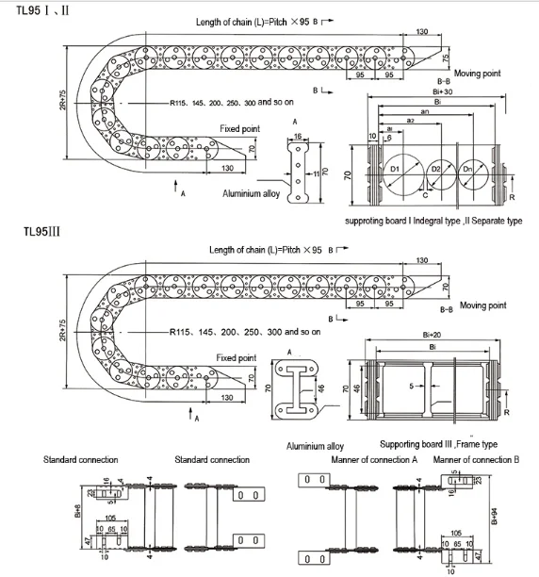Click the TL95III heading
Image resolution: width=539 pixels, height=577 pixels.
[43, 229]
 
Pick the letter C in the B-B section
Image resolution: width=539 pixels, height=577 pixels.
[425, 194]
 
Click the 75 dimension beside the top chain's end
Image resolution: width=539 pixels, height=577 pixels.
[447, 58]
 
